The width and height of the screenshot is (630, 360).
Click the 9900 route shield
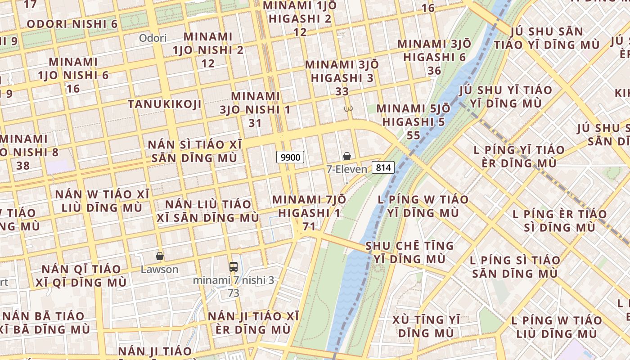click(290, 157)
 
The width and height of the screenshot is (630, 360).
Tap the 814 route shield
click(383, 168)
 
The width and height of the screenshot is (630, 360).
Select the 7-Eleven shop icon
click(347, 156)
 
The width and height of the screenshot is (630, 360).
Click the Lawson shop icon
click(159, 256)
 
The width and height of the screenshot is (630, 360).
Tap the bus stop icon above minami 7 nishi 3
click(233, 266)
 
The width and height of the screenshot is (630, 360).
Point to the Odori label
click(153, 38)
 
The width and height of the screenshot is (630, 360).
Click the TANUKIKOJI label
click(164, 104)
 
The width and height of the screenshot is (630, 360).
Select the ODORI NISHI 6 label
click(72, 24)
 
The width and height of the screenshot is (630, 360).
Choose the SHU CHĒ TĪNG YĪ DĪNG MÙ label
click(409, 252)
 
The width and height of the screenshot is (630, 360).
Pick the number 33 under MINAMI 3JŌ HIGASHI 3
click(342, 91)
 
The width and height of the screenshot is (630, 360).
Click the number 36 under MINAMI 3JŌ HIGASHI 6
click(434, 71)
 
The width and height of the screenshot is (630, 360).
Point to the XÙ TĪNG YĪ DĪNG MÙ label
click(426, 326)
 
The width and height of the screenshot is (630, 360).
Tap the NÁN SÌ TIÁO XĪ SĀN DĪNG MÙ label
click(195, 151)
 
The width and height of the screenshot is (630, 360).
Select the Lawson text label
click(159, 270)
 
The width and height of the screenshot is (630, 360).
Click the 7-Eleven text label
click(346, 169)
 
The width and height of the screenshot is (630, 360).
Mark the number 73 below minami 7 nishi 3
click(233, 293)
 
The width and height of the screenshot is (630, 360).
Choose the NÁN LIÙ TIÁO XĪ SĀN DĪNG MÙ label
click(208, 211)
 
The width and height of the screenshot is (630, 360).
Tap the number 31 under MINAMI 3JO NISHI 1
click(255, 122)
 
